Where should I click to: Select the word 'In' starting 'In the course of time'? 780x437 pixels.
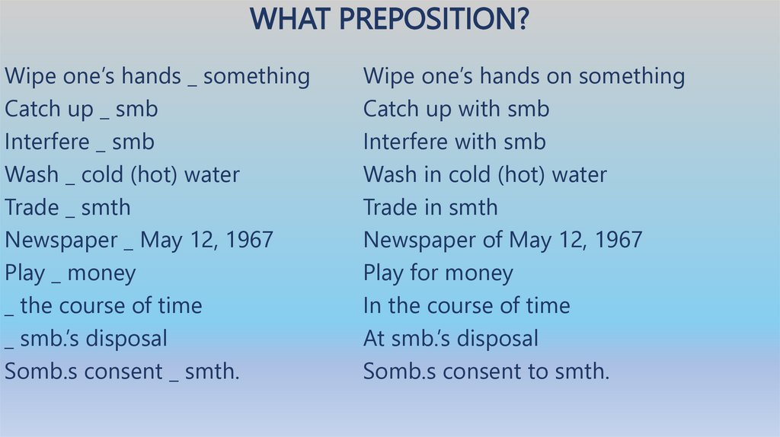coord(373,305)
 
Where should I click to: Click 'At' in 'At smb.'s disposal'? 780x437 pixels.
coord(374,338)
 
